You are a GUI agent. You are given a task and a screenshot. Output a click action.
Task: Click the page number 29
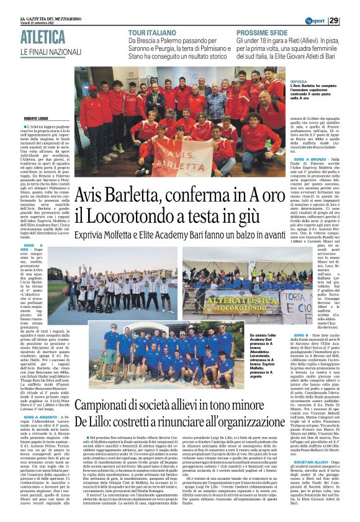[351, 20]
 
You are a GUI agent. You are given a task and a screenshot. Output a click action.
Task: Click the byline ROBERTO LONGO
[38, 119]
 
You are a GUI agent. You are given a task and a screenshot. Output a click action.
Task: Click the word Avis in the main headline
[92, 197]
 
